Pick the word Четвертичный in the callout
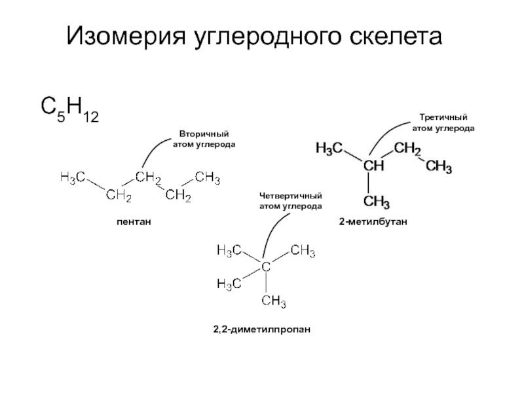click(291, 196)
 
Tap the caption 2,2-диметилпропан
click(259, 327)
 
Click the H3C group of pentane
click(72, 177)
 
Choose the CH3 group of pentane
click(208, 177)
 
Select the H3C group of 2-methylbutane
click(329, 148)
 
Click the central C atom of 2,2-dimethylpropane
click(266, 267)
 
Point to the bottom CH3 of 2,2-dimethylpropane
click(274, 301)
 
